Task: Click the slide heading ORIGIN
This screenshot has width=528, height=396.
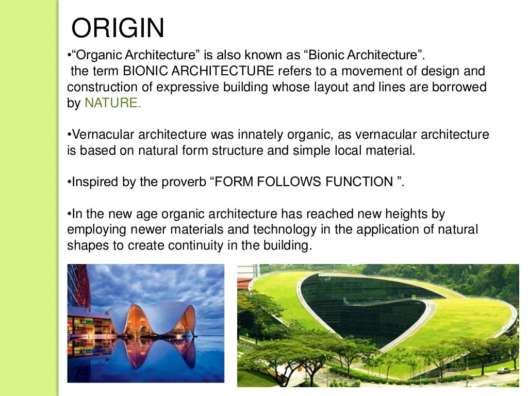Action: coord(118,28)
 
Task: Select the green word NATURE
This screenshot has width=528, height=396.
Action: coord(112,103)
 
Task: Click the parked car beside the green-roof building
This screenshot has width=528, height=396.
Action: coord(503,370)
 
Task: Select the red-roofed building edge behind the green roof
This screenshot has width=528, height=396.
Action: coord(244,283)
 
